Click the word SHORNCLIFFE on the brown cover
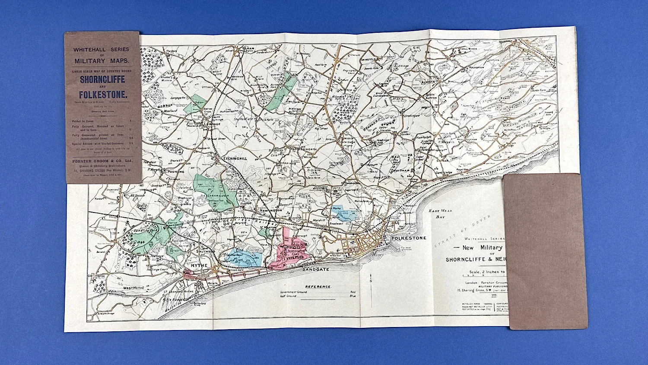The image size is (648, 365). pyautogui.click(x=102, y=79)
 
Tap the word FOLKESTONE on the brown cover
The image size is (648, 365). pyautogui.click(x=102, y=95)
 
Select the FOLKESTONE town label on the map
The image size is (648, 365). pyautogui.click(x=408, y=238)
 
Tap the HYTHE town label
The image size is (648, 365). pyautogui.click(x=199, y=266)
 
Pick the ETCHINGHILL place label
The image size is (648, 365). pyautogui.click(x=235, y=159)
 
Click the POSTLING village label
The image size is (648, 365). pyautogui.click(x=175, y=171)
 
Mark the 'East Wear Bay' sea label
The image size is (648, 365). pyautogui.click(x=437, y=213)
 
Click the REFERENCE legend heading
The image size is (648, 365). pyautogui.click(x=318, y=286)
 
